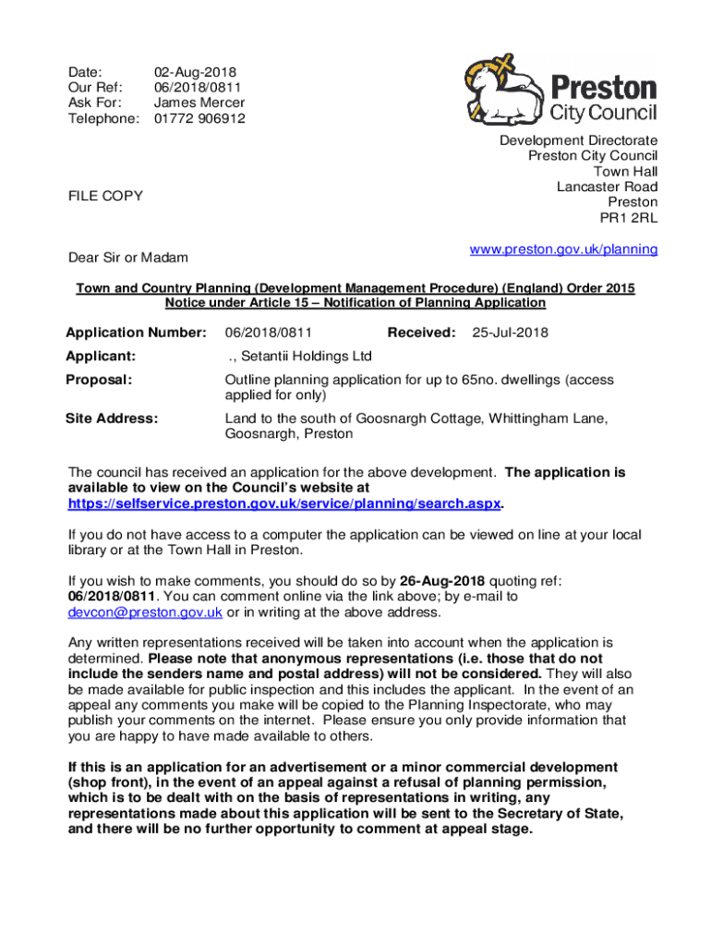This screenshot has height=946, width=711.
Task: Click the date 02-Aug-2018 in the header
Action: (195, 71)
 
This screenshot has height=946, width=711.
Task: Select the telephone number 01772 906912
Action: (199, 118)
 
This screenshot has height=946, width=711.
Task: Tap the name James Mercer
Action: (199, 103)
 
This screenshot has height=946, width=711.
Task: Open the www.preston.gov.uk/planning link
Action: (563, 249)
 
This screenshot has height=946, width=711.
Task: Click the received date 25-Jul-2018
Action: (511, 333)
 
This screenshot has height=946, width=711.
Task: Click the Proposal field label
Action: (99, 380)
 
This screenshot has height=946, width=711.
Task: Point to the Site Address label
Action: (112, 418)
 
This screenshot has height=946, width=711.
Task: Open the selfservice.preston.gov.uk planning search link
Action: (284, 503)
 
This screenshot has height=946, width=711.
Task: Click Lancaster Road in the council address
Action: (607, 187)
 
